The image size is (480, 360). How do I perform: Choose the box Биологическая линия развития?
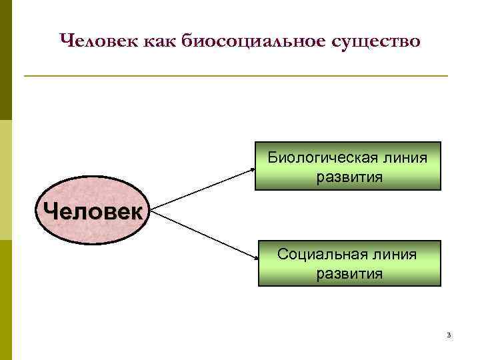click(347, 167)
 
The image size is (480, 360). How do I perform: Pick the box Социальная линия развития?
click(349, 263)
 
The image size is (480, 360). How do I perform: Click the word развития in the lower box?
click(349, 273)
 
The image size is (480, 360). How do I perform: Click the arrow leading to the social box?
click(203, 236)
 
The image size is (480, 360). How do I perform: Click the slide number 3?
click(449, 335)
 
